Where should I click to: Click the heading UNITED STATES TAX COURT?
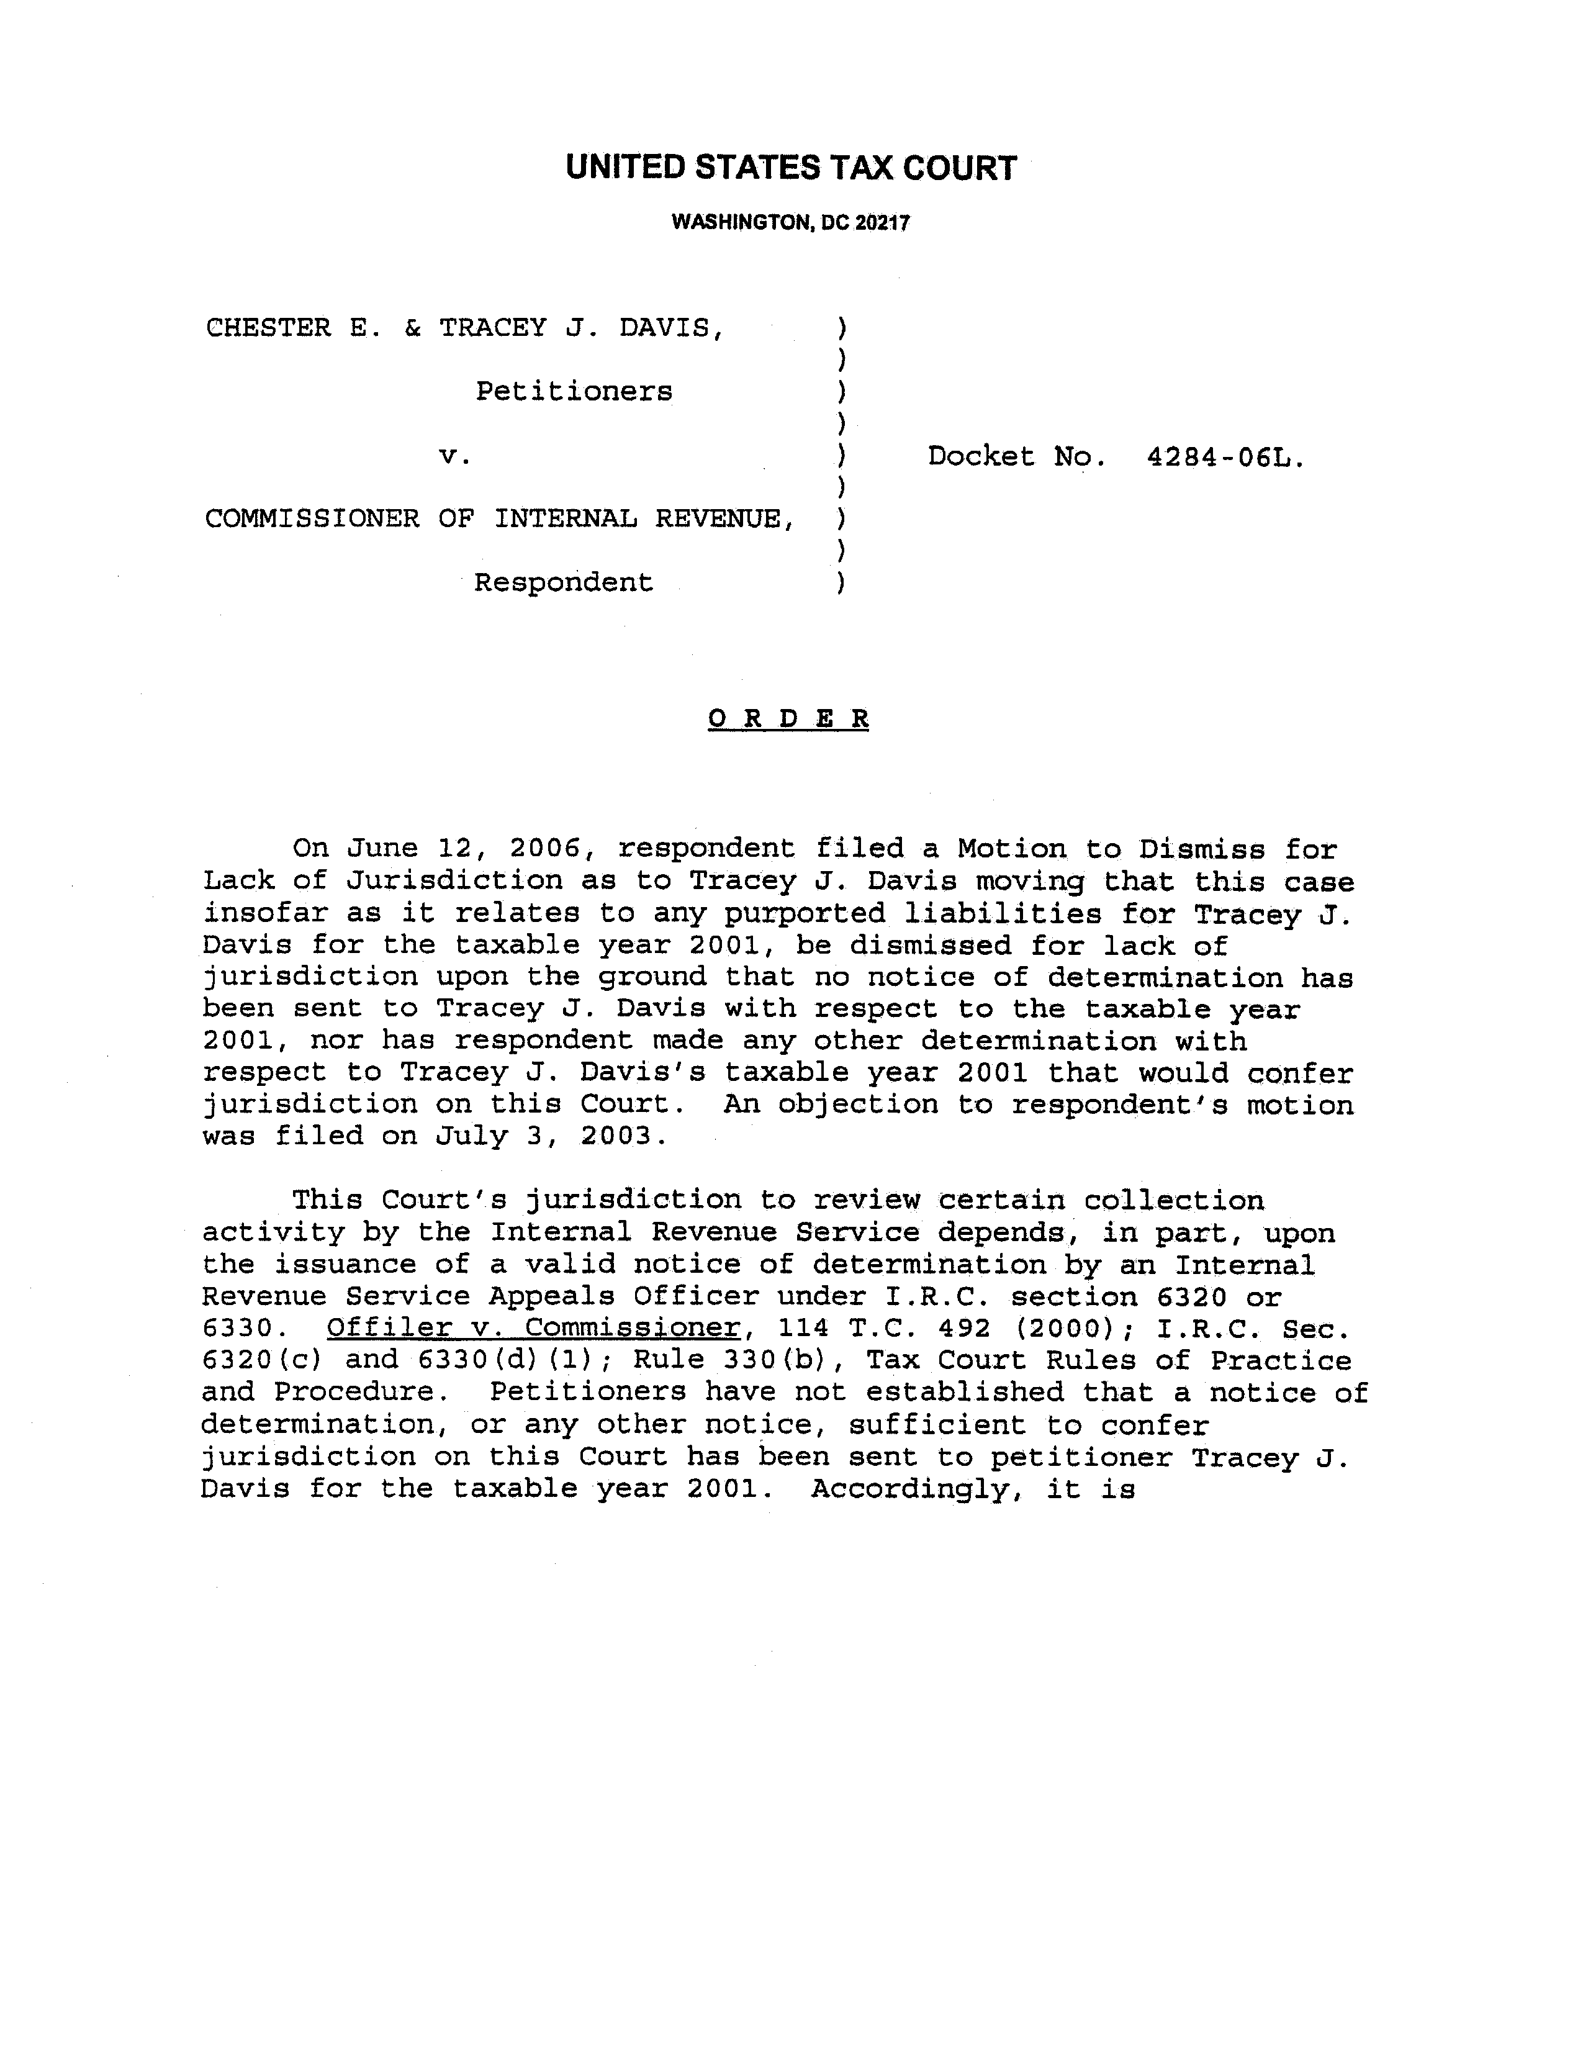coord(790,168)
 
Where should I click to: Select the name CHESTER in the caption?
coord(268,328)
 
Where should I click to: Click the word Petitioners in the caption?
coord(574,391)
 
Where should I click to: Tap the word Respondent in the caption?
coord(563,582)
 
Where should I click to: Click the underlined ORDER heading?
coord(788,719)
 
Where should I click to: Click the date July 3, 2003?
coord(551,1136)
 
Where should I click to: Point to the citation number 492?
coord(958,1328)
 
